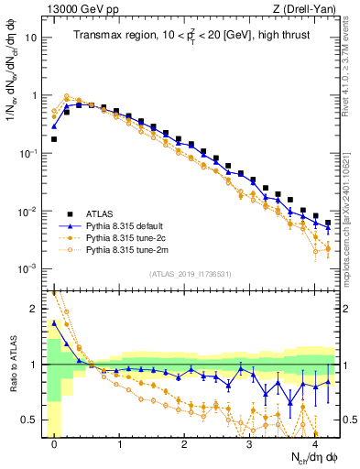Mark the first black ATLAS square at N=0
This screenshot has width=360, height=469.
[55, 139]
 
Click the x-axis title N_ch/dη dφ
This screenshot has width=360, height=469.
[306, 457]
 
